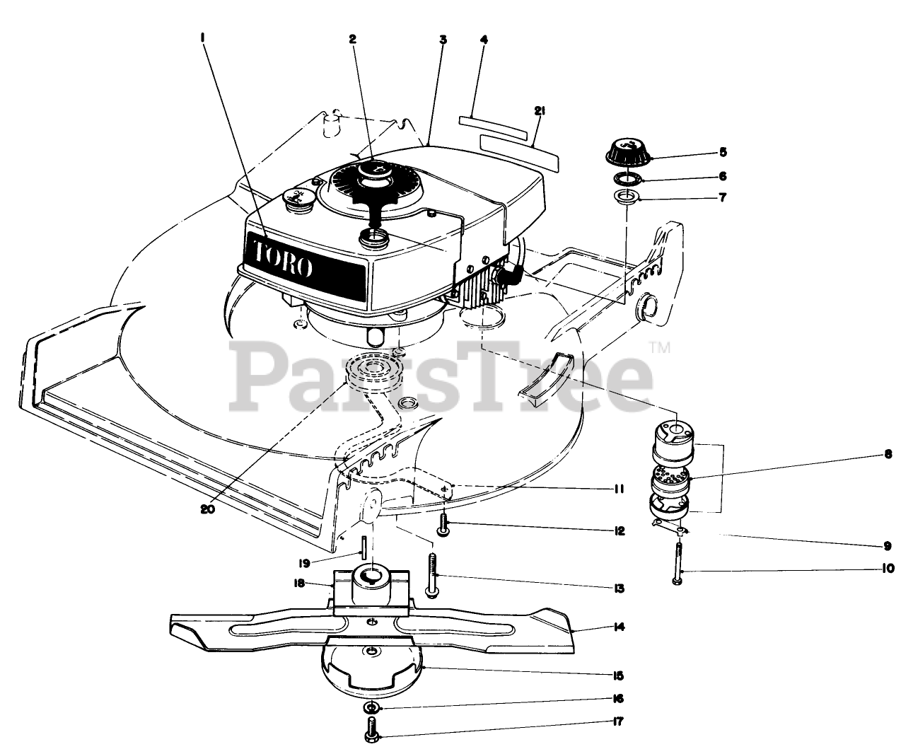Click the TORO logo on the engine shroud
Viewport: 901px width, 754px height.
coord(281,258)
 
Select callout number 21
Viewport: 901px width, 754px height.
coord(540,110)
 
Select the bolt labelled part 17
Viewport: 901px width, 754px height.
coord(372,729)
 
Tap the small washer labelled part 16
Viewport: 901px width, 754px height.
coord(372,707)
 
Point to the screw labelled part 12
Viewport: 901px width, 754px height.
coord(444,526)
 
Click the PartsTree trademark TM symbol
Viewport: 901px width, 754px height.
coord(658,347)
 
